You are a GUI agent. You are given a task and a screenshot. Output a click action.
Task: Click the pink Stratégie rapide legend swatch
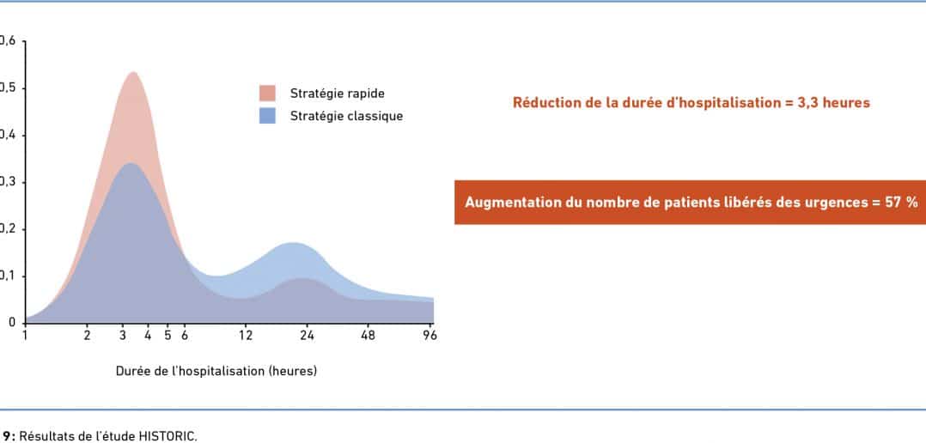pyautogui.click(x=267, y=94)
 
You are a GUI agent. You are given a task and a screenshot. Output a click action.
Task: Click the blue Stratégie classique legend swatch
pyautogui.click(x=267, y=116)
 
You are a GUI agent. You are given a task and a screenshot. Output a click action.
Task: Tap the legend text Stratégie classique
pyautogui.click(x=346, y=116)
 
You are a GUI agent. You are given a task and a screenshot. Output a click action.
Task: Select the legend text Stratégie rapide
pyautogui.click(x=338, y=94)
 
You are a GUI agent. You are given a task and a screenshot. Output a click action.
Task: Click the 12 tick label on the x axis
pyautogui.click(x=245, y=336)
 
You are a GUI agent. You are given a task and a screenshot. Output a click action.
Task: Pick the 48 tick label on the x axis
pyautogui.click(x=368, y=336)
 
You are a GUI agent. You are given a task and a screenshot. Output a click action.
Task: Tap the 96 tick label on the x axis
pyautogui.click(x=429, y=336)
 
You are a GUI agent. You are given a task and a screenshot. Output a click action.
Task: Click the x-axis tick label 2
pyautogui.click(x=87, y=336)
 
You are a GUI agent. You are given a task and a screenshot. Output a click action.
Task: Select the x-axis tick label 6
pyautogui.click(x=184, y=336)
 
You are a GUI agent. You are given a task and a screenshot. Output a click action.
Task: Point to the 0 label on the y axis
pyautogui.click(x=11, y=323)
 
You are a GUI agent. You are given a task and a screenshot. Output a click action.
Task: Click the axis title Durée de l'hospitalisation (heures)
pyautogui.click(x=216, y=372)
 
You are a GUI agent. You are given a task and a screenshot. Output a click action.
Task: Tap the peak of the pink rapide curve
pyautogui.click(x=133, y=72)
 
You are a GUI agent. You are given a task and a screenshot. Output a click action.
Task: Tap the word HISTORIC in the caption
pyautogui.click(x=168, y=437)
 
